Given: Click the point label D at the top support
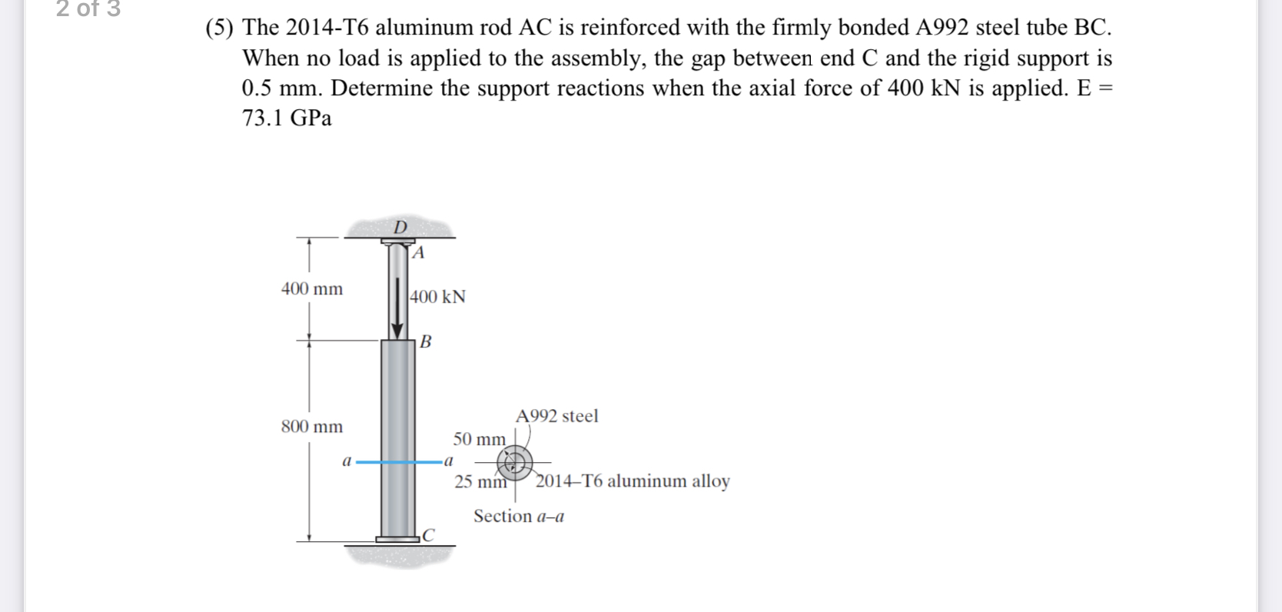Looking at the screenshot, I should click(x=400, y=227).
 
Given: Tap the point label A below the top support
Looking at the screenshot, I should click(x=418, y=253).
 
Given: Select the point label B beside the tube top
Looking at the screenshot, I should click(x=426, y=341).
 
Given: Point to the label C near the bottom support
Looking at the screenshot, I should click(x=428, y=534).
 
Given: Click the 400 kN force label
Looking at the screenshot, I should click(x=438, y=297).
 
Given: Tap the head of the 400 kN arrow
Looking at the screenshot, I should click(x=397, y=331).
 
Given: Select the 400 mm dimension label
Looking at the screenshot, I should click(x=312, y=289).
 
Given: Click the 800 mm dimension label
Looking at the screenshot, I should click(x=312, y=427).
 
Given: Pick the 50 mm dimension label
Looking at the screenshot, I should click(x=479, y=439).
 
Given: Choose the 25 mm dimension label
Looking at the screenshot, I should click(x=480, y=482).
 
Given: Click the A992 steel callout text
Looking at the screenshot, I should click(x=556, y=416).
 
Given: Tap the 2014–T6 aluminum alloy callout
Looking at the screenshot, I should click(x=633, y=481).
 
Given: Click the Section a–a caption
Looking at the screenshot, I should click(x=519, y=517).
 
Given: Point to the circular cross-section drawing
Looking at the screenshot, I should click(x=514, y=462).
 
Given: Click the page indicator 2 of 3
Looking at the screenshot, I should click(x=88, y=9).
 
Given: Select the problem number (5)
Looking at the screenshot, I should click(x=219, y=28).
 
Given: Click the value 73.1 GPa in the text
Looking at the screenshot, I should click(x=287, y=118).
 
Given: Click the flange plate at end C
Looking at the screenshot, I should click(x=398, y=539).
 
